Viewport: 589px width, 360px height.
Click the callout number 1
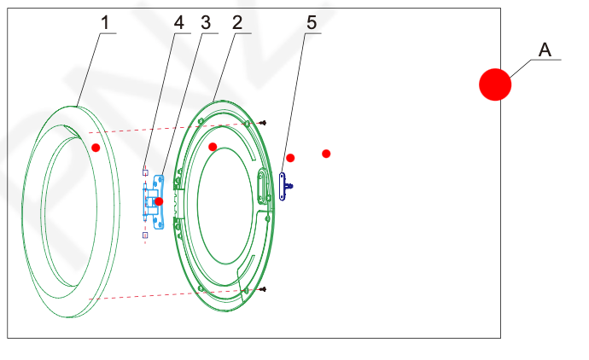[105, 22]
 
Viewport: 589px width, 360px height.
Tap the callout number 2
[237, 22]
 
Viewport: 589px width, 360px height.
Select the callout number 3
[206, 22]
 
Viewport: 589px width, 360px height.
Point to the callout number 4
[178, 22]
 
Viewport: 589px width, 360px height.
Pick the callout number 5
[312, 22]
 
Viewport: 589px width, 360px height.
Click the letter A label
[545, 49]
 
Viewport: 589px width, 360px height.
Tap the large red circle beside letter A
[495, 84]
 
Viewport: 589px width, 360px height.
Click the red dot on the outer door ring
[96, 148]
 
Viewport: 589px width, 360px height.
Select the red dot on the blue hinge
[159, 201]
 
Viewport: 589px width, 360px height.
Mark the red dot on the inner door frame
[213, 147]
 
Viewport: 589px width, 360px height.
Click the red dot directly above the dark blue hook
[290, 158]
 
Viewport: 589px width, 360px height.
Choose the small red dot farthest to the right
[326, 154]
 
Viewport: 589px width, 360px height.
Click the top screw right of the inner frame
[263, 123]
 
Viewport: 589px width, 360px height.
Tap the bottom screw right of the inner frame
[263, 289]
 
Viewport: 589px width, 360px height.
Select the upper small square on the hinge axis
[145, 172]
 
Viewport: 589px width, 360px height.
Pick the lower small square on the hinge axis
[145, 235]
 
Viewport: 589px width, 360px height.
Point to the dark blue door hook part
[282, 187]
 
